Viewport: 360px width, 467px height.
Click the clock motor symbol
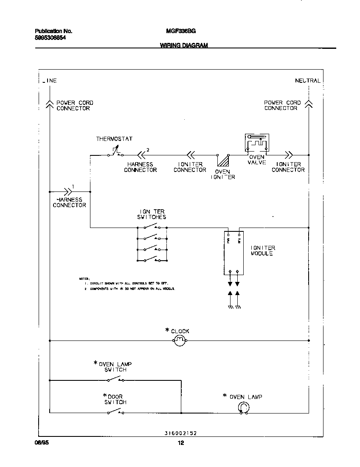coord(180,340)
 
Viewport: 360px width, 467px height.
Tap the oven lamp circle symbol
coord(242,408)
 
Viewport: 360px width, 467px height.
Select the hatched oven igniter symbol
coord(223,162)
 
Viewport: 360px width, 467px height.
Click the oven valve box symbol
coord(256,143)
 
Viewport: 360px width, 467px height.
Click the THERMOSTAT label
coord(114,139)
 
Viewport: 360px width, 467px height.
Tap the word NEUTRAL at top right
coord(308,81)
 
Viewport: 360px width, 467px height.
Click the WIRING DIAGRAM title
coord(184,45)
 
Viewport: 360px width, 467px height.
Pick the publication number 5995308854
coord(50,38)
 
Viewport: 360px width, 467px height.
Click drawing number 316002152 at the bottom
coord(180,433)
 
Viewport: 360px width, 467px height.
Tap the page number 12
coord(180,443)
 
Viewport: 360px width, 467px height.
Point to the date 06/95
coord(40,443)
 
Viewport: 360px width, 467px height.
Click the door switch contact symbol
coord(115,411)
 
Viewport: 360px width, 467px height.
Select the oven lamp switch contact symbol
coord(115,379)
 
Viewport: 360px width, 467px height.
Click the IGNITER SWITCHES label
coord(152,214)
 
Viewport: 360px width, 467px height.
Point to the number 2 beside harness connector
coord(148,149)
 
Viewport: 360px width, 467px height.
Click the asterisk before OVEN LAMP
coord(225,396)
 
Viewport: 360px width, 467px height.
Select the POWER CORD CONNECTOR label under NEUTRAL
coord(282,105)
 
